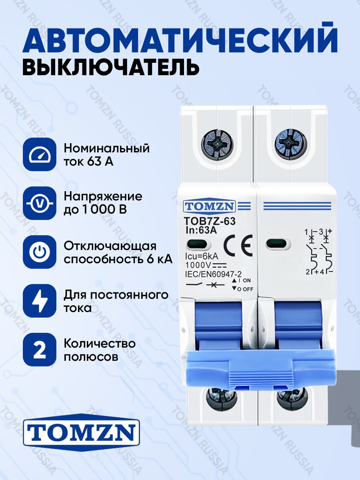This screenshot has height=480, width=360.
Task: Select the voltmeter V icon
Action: [x=39, y=204]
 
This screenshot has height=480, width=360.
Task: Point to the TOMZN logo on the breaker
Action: [x=210, y=206]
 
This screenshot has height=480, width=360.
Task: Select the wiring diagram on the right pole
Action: [x=319, y=252]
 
